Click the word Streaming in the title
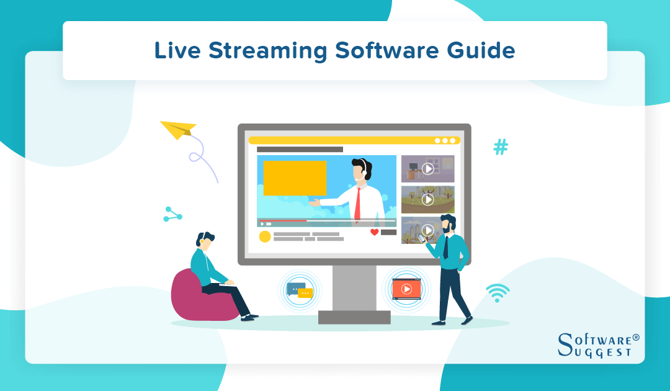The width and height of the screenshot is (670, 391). click(x=270, y=51)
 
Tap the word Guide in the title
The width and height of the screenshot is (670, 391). click(x=486, y=51)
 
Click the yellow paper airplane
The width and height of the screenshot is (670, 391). click(x=178, y=129)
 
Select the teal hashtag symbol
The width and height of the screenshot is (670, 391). click(x=501, y=147)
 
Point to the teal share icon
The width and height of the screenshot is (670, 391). click(x=171, y=214)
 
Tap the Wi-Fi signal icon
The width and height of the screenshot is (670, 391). click(x=498, y=292)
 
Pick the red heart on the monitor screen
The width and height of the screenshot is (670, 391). click(x=374, y=232)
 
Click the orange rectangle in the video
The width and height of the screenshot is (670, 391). click(x=295, y=178)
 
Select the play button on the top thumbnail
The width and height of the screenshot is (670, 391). click(x=427, y=168)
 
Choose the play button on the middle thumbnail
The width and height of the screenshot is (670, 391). click(x=427, y=199)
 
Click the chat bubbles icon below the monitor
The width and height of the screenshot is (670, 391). click(x=300, y=290)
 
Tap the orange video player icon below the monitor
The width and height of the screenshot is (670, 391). click(x=406, y=289)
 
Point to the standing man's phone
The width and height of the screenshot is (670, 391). click(x=423, y=237)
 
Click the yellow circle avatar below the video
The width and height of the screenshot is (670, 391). click(x=265, y=236)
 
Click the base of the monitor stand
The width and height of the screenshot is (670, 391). click(x=354, y=317)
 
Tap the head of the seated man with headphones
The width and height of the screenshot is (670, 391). click(x=205, y=241)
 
